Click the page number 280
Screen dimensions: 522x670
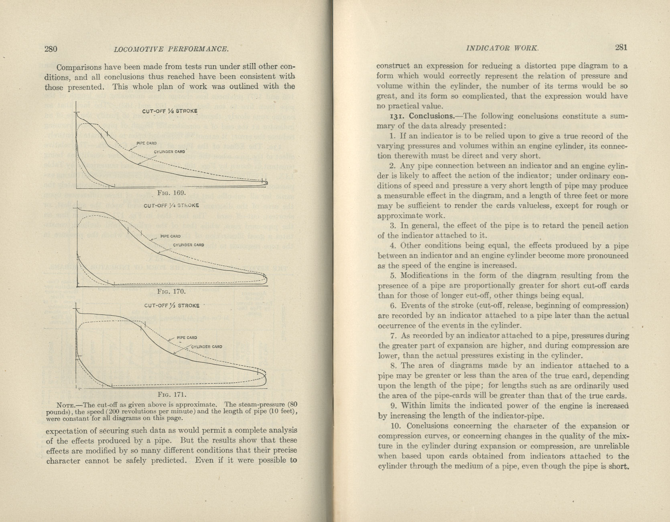click(51, 49)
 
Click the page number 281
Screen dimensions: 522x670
click(621, 47)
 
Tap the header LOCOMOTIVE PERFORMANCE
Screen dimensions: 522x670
click(171, 49)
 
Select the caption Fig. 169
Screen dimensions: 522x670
click(171, 193)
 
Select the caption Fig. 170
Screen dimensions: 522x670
click(172, 291)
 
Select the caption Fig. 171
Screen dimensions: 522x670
click(172, 394)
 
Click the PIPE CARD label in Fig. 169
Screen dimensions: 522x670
click(146, 143)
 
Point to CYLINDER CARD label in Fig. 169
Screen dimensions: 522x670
click(169, 152)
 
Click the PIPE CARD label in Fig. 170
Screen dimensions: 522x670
click(171, 237)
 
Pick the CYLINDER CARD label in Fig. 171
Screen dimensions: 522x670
click(207, 347)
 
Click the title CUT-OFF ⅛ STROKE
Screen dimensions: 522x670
click(170, 111)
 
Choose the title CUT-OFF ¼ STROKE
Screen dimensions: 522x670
click(171, 206)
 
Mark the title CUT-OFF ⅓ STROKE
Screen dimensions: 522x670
click(172, 306)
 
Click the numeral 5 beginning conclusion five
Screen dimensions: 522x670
click(393, 276)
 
